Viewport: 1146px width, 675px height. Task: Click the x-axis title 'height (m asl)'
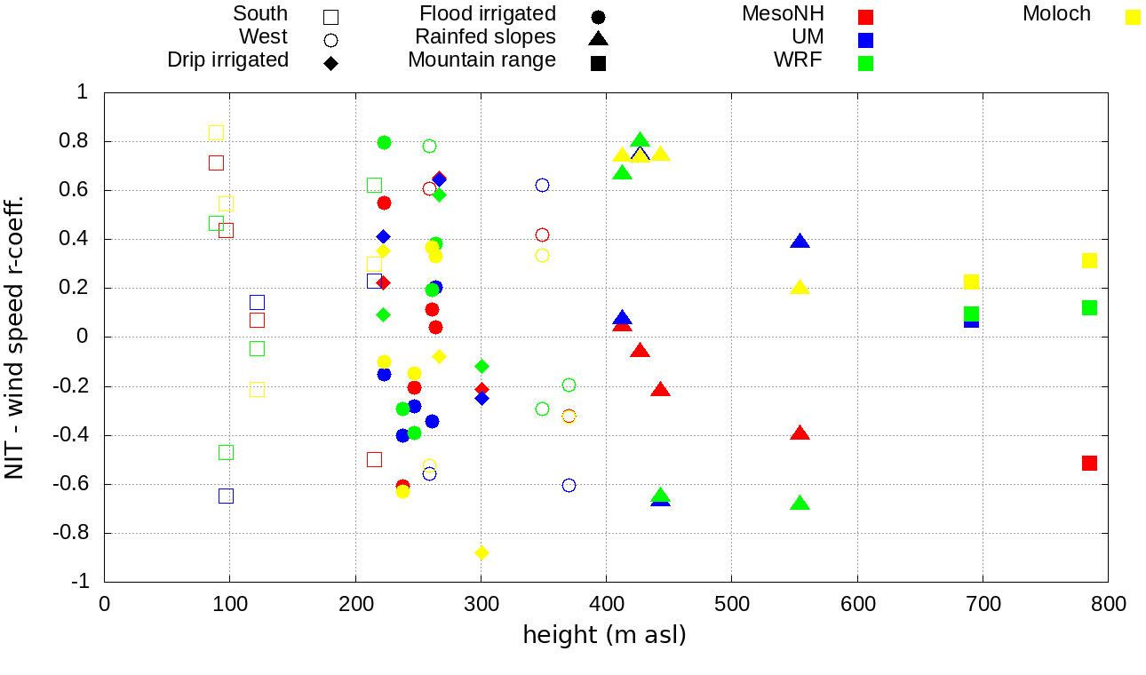604,636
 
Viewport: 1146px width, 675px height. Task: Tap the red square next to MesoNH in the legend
865,17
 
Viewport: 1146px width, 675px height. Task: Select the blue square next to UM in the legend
865,40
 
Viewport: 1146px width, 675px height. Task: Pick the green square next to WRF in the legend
865,63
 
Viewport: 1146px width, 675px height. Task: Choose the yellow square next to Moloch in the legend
1133,17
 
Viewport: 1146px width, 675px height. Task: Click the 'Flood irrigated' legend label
488,14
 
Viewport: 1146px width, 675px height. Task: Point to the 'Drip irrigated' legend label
227,60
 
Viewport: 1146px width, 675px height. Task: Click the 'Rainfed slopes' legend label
485,37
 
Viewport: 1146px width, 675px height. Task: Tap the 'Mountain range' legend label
481,60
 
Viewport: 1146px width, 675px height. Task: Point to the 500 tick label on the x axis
731,605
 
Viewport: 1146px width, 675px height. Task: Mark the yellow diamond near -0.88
481,552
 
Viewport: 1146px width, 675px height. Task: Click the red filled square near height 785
1089,463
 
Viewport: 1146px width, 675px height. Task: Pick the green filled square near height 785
1089,307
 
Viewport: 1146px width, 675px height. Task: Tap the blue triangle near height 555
800,242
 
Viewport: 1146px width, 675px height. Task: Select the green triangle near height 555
800,504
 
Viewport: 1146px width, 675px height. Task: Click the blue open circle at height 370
569,485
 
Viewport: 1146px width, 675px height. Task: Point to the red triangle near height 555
800,433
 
